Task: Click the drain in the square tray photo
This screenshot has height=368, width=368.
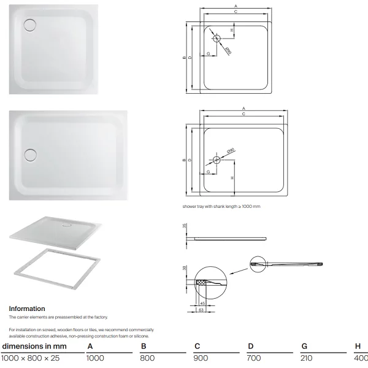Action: [x=30, y=25]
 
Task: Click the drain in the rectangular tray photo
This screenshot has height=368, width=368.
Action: [x=30, y=155]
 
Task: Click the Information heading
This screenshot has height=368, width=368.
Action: [x=27, y=309]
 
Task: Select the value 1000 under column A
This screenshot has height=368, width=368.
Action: [x=95, y=358]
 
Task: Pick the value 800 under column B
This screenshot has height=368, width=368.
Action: [x=147, y=358]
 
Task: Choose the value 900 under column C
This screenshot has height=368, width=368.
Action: [x=201, y=358]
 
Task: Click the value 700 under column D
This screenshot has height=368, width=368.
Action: [x=254, y=358]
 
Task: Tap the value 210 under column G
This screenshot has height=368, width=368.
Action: [x=307, y=358]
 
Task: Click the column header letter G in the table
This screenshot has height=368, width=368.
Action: [x=304, y=346]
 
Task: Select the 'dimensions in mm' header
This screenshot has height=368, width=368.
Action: [x=34, y=347]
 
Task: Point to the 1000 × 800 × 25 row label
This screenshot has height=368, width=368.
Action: [x=30, y=358]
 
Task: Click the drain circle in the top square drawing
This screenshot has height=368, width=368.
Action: [x=217, y=38]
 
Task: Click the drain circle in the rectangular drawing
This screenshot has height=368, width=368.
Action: [x=217, y=160]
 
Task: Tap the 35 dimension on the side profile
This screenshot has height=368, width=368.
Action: [x=185, y=226]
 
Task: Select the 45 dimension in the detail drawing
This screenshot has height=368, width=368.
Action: [x=202, y=304]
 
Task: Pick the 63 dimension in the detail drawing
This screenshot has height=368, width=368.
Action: [x=201, y=310]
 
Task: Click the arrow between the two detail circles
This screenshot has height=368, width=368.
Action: [x=239, y=271]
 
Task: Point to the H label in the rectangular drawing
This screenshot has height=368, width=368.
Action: [x=232, y=178]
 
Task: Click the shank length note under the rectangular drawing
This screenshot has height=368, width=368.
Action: [x=221, y=207]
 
